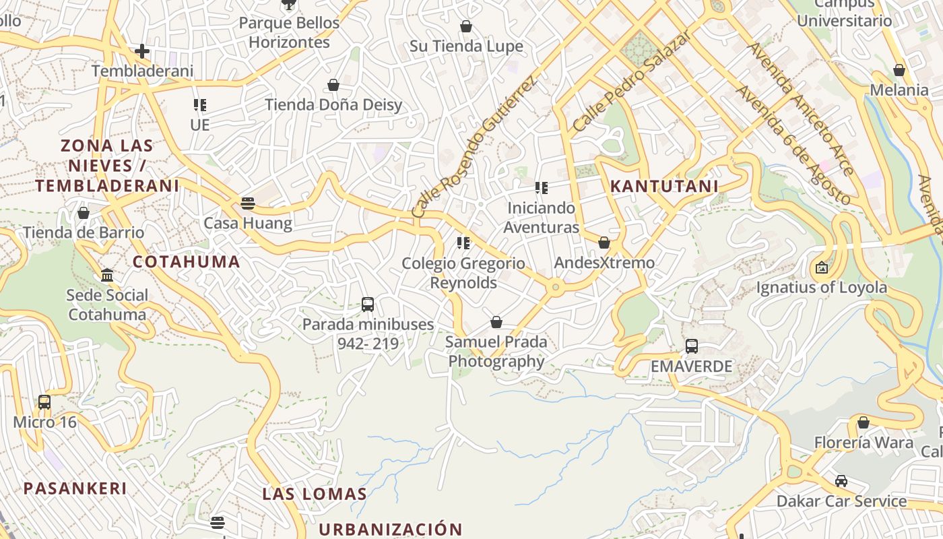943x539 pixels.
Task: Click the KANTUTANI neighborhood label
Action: click(664, 186)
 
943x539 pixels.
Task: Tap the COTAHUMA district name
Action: click(187, 262)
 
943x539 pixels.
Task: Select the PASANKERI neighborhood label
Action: click(75, 488)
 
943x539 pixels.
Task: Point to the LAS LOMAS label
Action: click(315, 494)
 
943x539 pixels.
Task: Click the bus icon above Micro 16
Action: click(44, 402)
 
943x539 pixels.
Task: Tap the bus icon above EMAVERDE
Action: click(692, 346)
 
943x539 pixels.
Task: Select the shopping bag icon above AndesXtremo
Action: click(604, 243)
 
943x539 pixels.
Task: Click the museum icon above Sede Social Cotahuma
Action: click(107, 275)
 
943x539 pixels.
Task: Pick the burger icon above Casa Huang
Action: click(248, 203)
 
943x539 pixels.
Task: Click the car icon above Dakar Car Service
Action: click(841, 481)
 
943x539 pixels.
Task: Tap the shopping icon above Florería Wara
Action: click(864, 422)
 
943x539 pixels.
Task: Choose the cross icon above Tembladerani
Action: click(142, 51)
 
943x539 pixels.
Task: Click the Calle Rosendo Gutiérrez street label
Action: click(475, 146)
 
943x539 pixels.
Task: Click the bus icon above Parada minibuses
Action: click(368, 304)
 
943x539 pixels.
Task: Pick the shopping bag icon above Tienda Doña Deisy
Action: click(333, 85)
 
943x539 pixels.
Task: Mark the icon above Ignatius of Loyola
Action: click(822, 267)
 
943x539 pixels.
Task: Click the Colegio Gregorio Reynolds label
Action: click(463, 273)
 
